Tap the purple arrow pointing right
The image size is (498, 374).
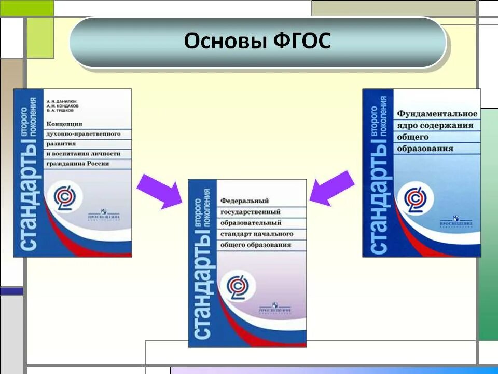click(159, 190)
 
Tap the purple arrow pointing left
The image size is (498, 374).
click(332, 188)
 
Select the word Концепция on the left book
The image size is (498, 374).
click(65, 124)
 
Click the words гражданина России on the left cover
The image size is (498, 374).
click(78, 164)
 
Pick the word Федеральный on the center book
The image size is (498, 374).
click(244, 201)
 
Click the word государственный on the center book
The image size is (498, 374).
click(251, 212)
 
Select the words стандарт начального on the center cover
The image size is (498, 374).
click(257, 234)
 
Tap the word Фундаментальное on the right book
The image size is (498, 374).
click(437, 113)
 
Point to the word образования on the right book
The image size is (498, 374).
click(425, 149)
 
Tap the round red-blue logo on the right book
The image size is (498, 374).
click(415, 199)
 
